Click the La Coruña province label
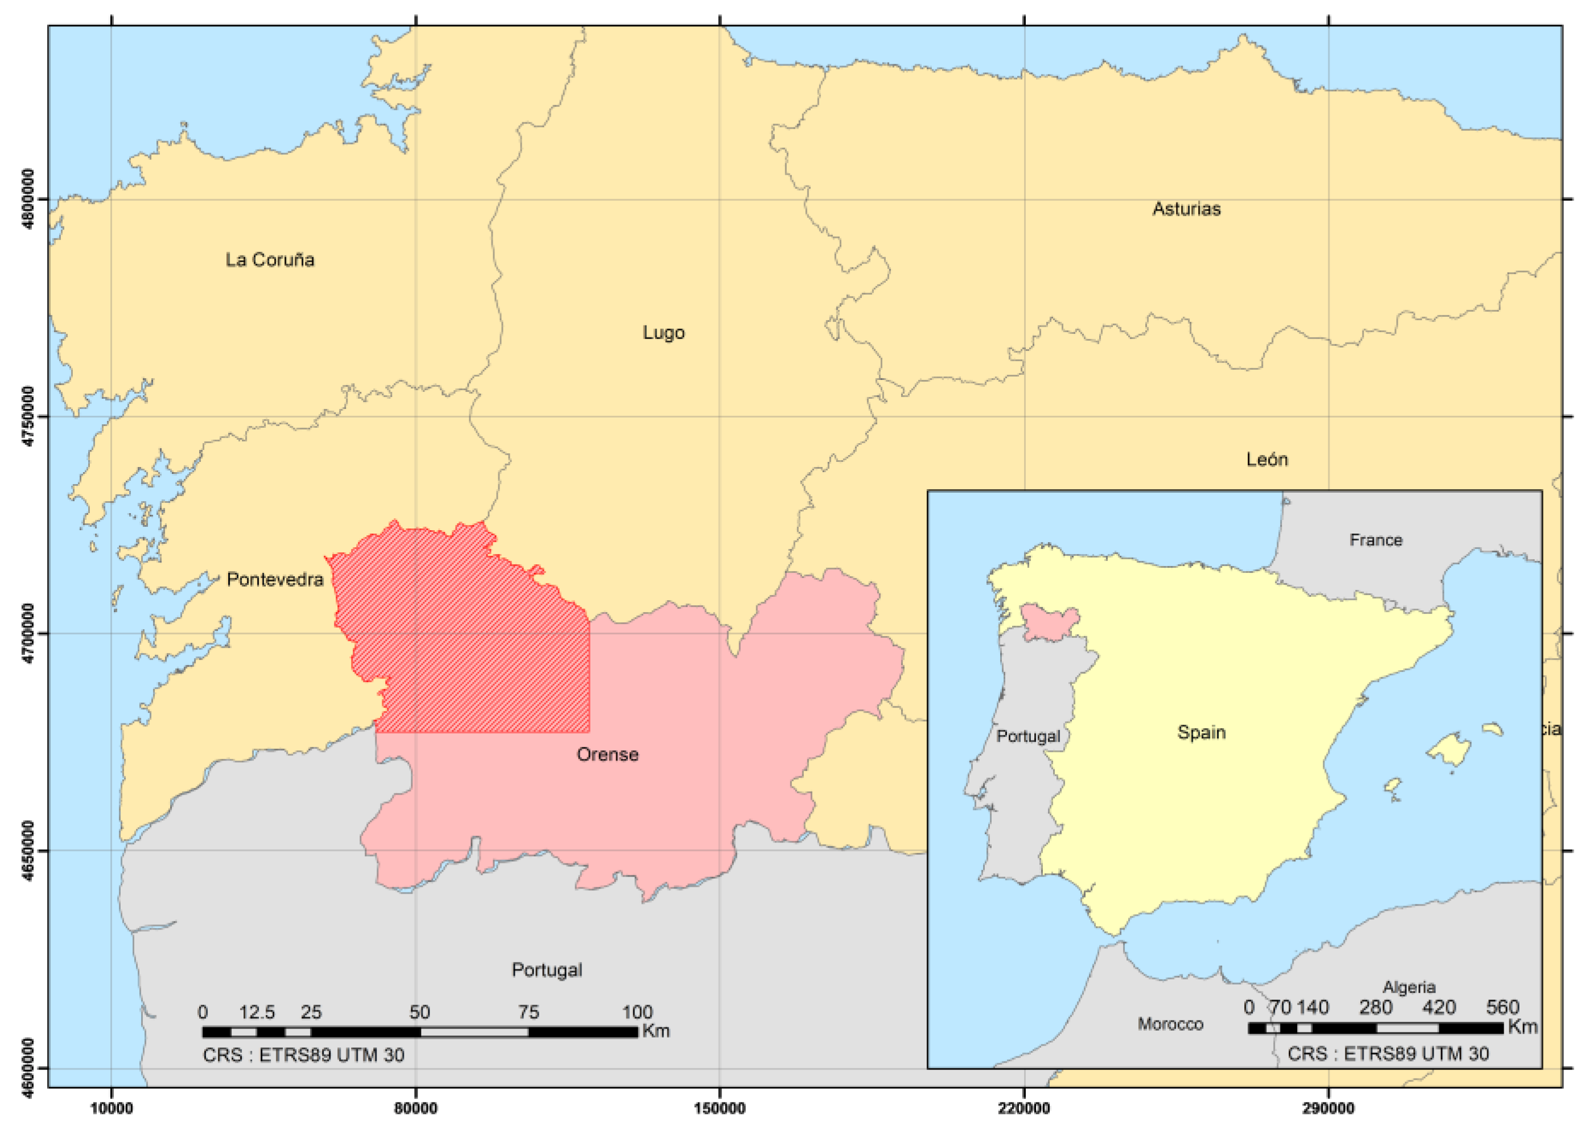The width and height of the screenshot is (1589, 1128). click(x=270, y=260)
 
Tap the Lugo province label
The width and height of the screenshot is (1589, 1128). click(x=663, y=333)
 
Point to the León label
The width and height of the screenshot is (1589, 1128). click(x=1267, y=459)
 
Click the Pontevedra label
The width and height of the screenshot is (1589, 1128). click(x=275, y=579)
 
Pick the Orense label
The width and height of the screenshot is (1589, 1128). click(x=607, y=754)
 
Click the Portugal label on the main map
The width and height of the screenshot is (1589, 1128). click(x=547, y=970)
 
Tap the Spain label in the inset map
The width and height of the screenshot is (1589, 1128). click(x=1202, y=732)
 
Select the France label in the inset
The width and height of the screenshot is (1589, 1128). click(x=1376, y=540)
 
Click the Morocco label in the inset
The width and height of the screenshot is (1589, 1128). click(x=1170, y=1024)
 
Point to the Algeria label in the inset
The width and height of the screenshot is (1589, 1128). click(x=1409, y=987)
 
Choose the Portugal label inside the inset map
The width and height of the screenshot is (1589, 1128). click(x=1028, y=736)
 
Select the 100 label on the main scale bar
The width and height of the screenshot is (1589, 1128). click(x=637, y=1012)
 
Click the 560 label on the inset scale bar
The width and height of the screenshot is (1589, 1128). click(x=1502, y=1007)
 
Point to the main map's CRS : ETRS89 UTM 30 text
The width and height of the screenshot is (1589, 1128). click(x=303, y=1055)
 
